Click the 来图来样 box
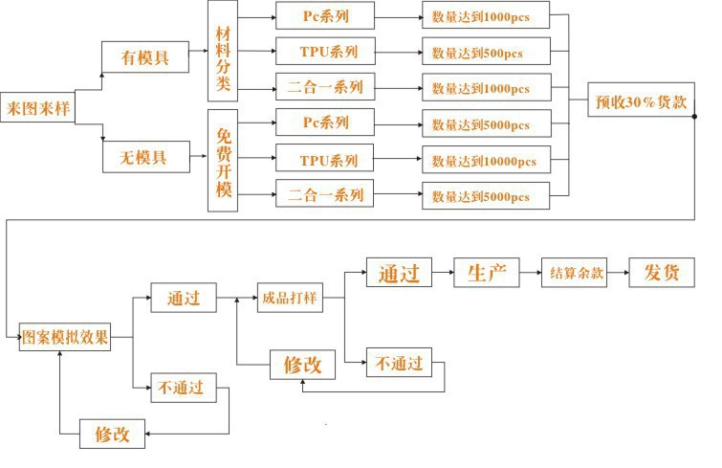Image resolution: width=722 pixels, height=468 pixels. click(x=36, y=106)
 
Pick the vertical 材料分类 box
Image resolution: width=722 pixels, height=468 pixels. click(x=223, y=53)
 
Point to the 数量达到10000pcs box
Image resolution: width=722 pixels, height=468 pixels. click(x=486, y=160)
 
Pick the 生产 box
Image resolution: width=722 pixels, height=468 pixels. click(x=485, y=273)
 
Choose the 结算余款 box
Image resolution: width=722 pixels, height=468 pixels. click(x=577, y=273)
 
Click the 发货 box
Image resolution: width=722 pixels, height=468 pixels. click(x=661, y=273)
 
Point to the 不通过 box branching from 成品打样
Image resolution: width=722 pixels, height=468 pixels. click(x=398, y=364)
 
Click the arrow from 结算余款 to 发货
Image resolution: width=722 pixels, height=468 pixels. click(x=620, y=273)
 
